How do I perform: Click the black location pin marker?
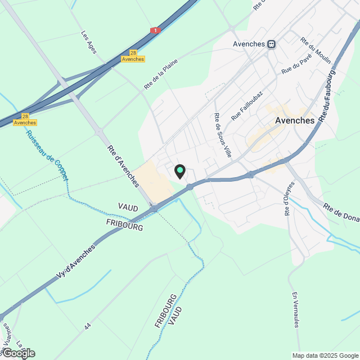tap(180, 171)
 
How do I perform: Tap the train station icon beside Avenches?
tap(271, 44)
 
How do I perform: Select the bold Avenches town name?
tap(295, 120)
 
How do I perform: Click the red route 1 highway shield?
tap(155, 30)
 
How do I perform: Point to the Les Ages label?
tap(89, 42)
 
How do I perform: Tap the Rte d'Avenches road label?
tap(123, 166)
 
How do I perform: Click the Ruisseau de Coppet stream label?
tap(47, 155)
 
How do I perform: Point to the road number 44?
tap(87, 326)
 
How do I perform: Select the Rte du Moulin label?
tap(315, 51)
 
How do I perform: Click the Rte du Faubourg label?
tap(327, 96)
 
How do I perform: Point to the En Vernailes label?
tap(296, 309)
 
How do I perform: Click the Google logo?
tap(18, 353)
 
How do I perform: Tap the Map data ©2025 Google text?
tap(325, 355)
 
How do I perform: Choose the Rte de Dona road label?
tap(340, 212)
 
